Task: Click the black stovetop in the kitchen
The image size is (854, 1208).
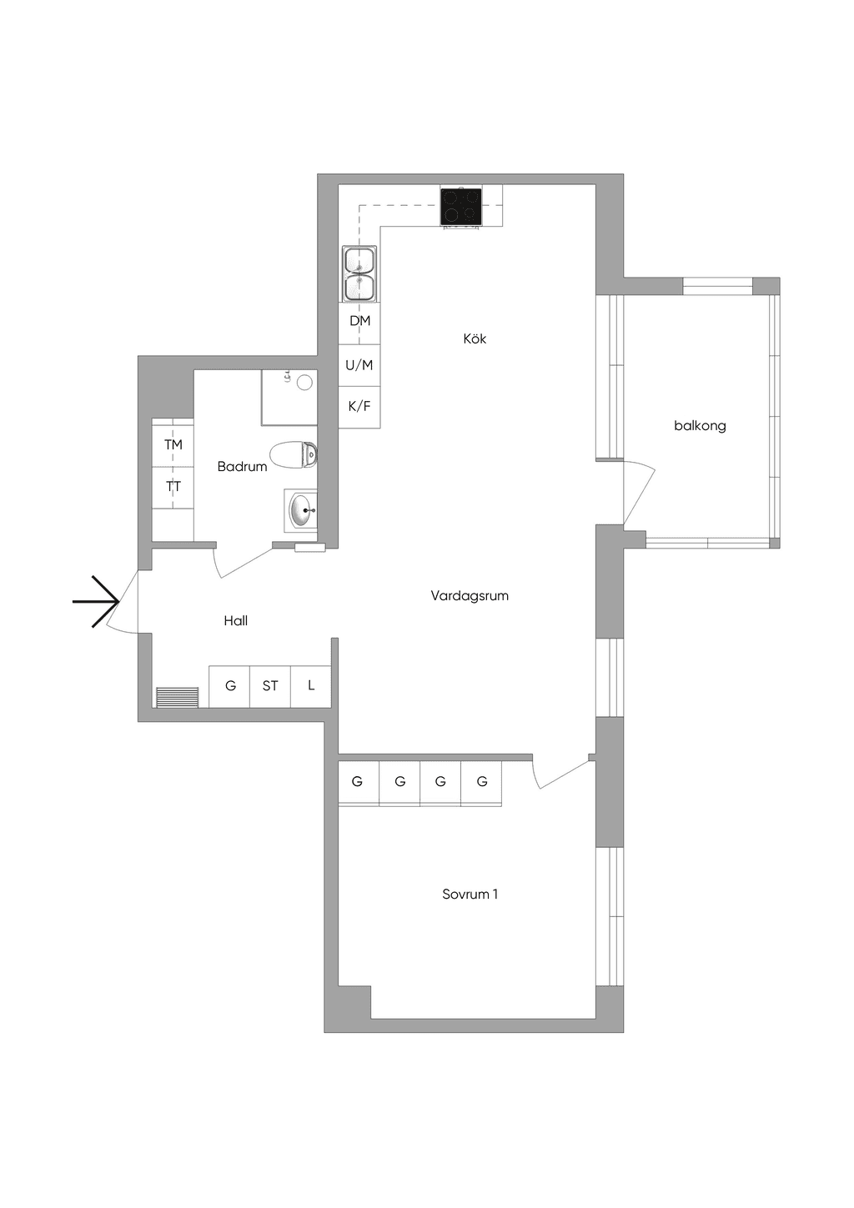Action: [x=461, y=207]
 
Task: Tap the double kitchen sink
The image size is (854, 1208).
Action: [x=359, y=274]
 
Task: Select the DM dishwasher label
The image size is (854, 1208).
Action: [x=359, y=321]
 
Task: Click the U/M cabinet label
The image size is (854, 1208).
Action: [x=359, y=366]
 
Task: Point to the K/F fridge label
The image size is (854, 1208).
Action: [x=359, y=406]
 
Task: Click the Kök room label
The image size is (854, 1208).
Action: [x=475, y=338]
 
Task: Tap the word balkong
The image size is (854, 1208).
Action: [x=700, y=426]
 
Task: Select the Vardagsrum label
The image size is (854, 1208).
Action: [x=470, y=596]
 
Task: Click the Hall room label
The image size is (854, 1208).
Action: [x=236, y=621]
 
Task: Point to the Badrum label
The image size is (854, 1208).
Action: [x=242, y=467]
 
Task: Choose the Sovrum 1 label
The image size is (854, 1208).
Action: [x=470, y=895]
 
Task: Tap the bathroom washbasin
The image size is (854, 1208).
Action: [x=300, y=510]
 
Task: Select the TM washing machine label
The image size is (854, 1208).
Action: [x=173, y=445]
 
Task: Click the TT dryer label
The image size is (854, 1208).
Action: [x=173, y=487]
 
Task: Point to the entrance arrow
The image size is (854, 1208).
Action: [x=95, y=601]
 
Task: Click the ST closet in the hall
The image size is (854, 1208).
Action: [x=270, y=686]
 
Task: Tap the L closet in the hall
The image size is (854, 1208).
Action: [x=311, y=686]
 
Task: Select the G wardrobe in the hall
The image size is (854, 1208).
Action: [x=230, y=686]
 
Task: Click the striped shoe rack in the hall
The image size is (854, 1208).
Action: [x=178, y=697]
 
